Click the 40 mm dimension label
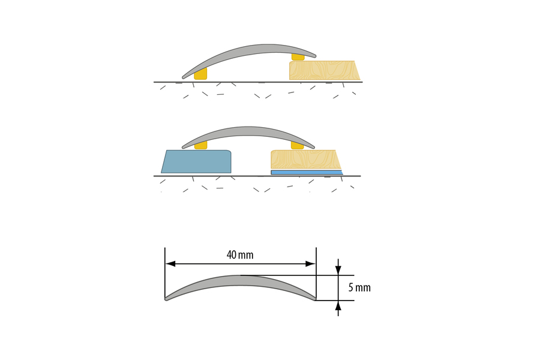(240, 255)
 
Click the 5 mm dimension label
(359, 287)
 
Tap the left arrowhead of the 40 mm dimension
(170, 264)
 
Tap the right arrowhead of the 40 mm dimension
(310, 264)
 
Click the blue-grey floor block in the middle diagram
(196, 161)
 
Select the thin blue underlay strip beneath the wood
(307, 172)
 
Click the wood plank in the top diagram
(325, 70)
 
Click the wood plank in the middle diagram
(306, 159)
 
